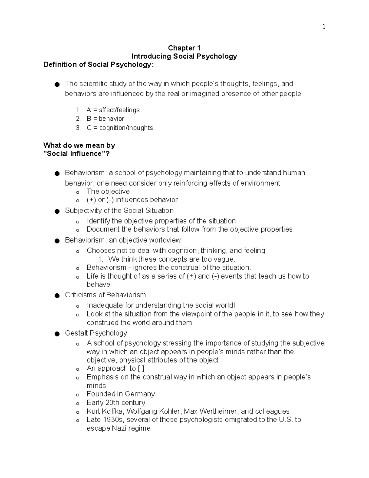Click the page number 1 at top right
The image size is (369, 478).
click(x=323, y=27)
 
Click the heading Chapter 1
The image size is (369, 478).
click(x=184, y=48)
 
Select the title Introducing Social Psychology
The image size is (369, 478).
click(x=184, y=56)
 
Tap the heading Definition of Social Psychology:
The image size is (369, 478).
click(x=98, y=65)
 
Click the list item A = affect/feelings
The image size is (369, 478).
click(x=113, y=110)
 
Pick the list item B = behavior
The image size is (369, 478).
click(x=105, y=119)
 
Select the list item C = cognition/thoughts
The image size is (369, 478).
click(x=120, y=128)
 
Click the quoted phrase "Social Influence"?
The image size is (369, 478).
click(x=77, y=154)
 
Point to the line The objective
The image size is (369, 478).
click(x=108, y=191)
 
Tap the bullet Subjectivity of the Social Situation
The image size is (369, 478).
click(x=119, y=211)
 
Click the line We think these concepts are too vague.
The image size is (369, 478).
click(x=172, y=259)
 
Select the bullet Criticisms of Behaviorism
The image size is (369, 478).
click(x=105, y=295)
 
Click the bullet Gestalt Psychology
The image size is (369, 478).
click(x=96, y=333)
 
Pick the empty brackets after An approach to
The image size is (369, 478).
click(x=141, y=368)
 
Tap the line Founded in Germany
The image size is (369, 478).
click(x=121, y=394)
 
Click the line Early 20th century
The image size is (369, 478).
click(x=116, y=403)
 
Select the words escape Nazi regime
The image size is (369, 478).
click(x=118, y=428)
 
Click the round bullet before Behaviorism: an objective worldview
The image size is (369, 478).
click(x=57, y=241)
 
